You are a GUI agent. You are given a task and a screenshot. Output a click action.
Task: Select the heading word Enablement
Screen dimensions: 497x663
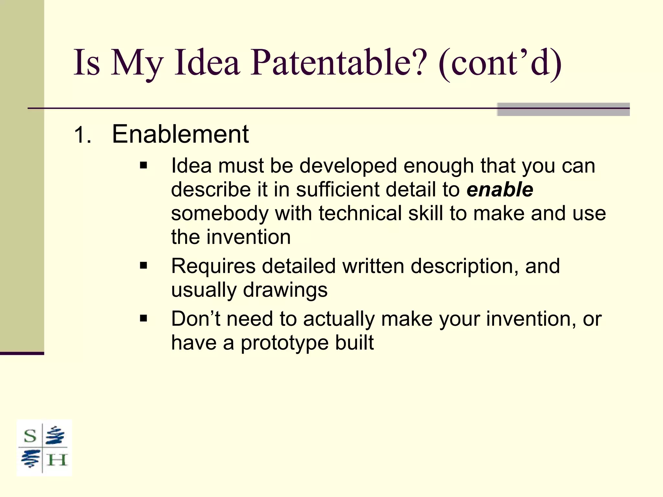click(x=180, y=134)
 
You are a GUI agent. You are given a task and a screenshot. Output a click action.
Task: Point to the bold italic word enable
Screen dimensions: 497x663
click(x=500, y=190)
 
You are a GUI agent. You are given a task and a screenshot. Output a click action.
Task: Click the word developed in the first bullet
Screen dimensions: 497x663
click(x=348, y=166)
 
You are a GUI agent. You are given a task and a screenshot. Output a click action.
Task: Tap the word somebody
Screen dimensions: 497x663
click(x=220, y=214)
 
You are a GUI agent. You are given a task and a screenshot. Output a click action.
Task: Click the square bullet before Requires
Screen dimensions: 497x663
click(x=143, y=266)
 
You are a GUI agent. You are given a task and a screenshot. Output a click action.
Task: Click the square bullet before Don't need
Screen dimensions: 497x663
click(x=143, y=319)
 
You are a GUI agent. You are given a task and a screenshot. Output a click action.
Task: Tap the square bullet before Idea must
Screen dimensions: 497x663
click(x=143, y=166)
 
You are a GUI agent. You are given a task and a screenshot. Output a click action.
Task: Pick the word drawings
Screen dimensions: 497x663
click(x=285, y=290)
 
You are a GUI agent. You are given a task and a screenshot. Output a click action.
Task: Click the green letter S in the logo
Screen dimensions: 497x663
click(x=30, y=436)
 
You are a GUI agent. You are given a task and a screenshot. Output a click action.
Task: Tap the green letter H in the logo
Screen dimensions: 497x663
click(x=57, y=460)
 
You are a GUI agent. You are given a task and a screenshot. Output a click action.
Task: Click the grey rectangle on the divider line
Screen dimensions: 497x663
click(x=563, y=109)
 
